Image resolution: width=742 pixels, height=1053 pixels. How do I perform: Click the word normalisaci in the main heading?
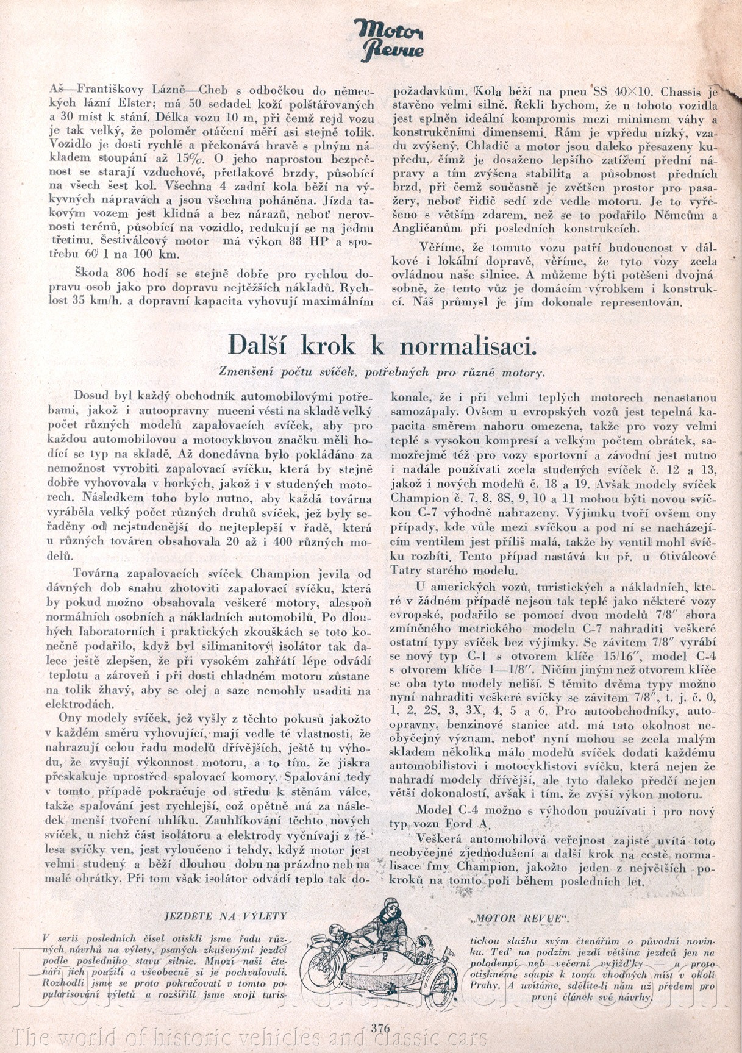468,346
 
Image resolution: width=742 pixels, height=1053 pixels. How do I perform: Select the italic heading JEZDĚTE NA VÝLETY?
226,916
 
